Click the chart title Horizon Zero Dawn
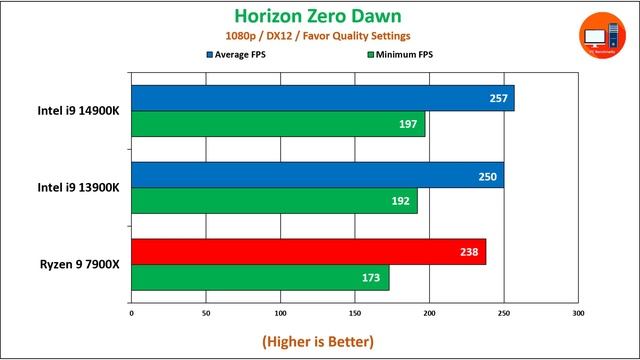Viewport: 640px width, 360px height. tap(318, 16)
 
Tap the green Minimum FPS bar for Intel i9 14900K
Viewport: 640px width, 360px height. tap(278, 123)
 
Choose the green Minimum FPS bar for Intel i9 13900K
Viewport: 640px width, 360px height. tap(274, 200)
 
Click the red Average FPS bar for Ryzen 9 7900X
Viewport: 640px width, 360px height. tap(308, 252)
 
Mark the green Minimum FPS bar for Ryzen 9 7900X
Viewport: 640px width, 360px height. tap(260, 277)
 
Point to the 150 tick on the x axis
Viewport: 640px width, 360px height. tap(355, 312)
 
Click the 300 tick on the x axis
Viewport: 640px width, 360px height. tap(578, 312)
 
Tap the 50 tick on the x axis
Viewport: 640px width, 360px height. tap(206, 312)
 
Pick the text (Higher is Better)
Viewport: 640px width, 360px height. tap(318, 341)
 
